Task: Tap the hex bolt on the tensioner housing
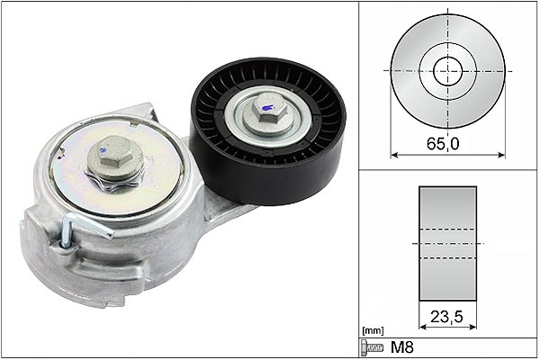pos(115,157)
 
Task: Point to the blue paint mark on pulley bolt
pos(265,108)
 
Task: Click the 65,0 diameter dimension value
pos(443,143)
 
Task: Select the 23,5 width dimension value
pos(446,316)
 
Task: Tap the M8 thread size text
pos(401,347)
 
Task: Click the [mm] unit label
pos(373,331)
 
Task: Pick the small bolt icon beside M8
pos(372,347)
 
